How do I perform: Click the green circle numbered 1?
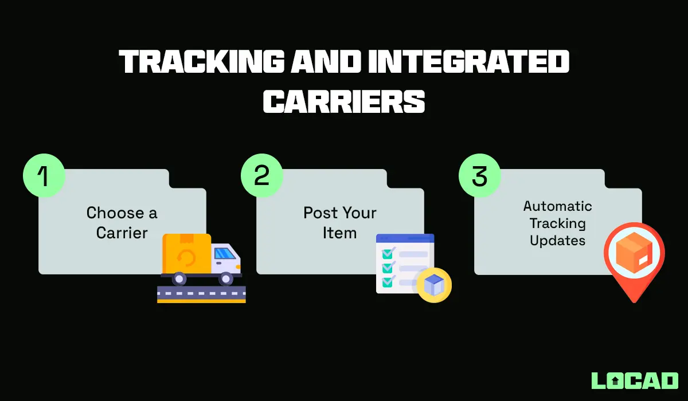(44, 174)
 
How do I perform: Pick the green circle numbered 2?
(261, 174)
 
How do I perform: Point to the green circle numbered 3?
(479, 174)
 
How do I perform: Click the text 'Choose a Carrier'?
(122, 223)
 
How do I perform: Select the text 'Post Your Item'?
(339, 223)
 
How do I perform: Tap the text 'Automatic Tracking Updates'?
(557, 223)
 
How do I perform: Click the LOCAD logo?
(634, 380)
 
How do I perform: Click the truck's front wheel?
(226, 278)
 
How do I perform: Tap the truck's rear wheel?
(179, 278)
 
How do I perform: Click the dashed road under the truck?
(201, 293)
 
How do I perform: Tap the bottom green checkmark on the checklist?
(388, 281)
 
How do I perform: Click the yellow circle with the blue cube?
(433, 285)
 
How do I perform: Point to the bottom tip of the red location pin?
(634, 301)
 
